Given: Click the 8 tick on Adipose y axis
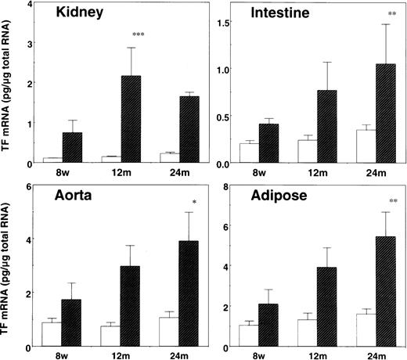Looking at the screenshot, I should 222,186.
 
